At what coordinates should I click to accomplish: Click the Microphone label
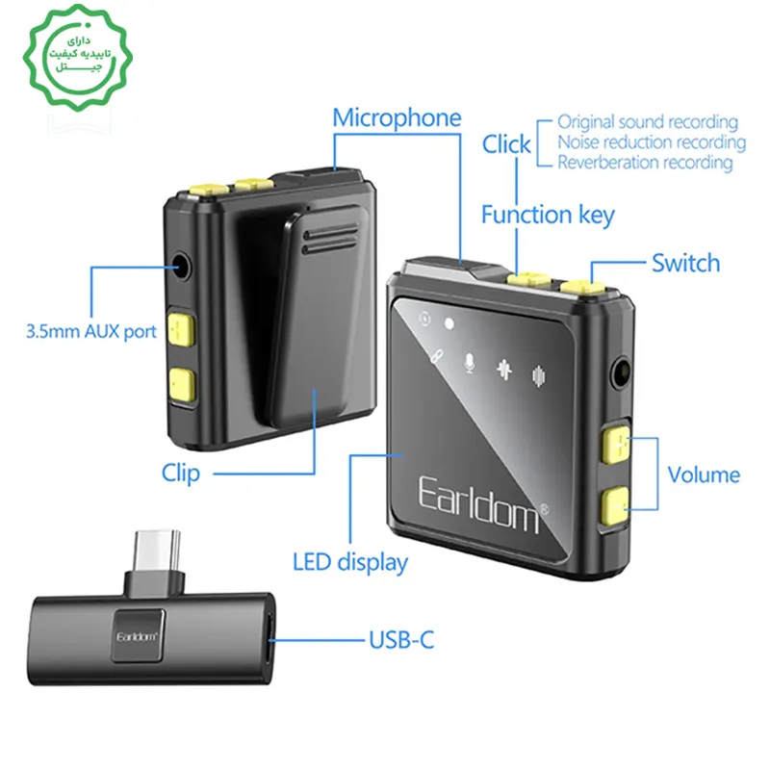[397, 118]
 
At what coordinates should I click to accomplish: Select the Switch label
[685, 263]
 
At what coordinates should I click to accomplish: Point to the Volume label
[704, 475]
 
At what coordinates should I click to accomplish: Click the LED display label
[350, 562]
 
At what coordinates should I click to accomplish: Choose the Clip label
[181, 473]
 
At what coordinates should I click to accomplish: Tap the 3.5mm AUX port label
[90, 332]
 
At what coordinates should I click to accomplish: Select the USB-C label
[402, 638]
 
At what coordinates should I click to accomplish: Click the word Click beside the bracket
[506, 144]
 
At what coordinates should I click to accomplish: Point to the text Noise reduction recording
[652, 142]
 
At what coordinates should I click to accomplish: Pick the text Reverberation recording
[645, 163]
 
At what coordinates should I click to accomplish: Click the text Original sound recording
[648, 122]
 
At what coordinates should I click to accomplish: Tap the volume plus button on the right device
[614, 445]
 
